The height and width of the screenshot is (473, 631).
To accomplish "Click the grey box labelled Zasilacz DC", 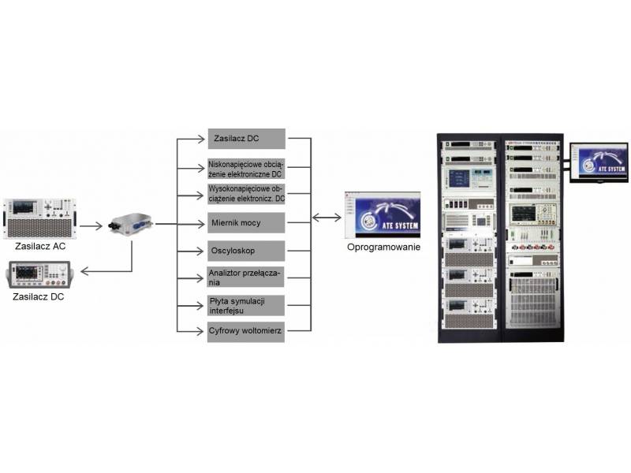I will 245,140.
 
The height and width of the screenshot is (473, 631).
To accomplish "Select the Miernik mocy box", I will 245,222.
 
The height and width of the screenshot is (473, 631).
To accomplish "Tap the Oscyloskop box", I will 245,251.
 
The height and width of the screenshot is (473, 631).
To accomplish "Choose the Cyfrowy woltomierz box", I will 245,331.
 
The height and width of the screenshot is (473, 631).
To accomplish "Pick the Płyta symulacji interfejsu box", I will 245,304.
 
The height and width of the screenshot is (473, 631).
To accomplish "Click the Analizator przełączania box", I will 245,277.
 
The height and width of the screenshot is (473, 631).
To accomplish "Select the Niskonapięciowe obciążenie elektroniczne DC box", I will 245,169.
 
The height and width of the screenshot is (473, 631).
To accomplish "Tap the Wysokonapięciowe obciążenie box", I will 245,194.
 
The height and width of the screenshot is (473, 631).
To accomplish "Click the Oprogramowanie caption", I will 383,247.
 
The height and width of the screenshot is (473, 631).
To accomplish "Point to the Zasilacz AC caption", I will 37,246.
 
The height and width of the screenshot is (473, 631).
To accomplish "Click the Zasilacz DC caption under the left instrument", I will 38,297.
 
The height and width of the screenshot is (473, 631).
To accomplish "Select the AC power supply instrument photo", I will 38,218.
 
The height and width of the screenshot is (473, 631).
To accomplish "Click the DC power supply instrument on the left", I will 39,273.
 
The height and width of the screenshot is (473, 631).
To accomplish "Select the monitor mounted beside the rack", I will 599,162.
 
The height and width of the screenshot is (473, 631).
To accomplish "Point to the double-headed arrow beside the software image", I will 327,216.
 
